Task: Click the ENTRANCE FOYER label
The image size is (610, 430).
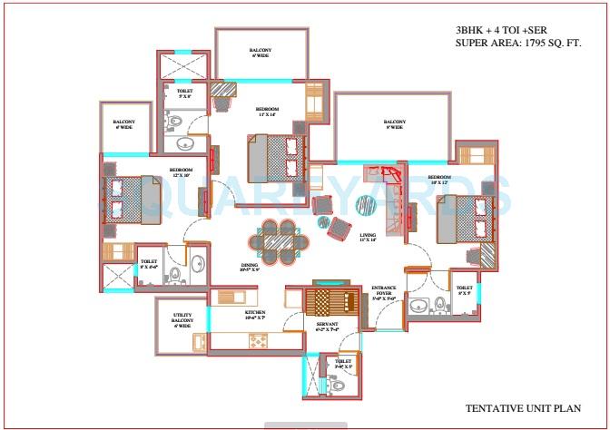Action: tap(384, 292)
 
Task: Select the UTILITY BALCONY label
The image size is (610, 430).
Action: tap(182, 320)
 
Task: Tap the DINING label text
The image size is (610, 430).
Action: tap(250, 267)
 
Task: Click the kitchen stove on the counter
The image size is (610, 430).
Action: tap(259, 340)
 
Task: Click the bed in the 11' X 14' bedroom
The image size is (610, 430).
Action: tap(274, 157)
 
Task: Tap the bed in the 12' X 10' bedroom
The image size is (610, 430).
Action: tap(133, 199)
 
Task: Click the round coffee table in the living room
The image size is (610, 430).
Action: tap(365, 204)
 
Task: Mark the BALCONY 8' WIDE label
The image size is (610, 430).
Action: tap(394, 125)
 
